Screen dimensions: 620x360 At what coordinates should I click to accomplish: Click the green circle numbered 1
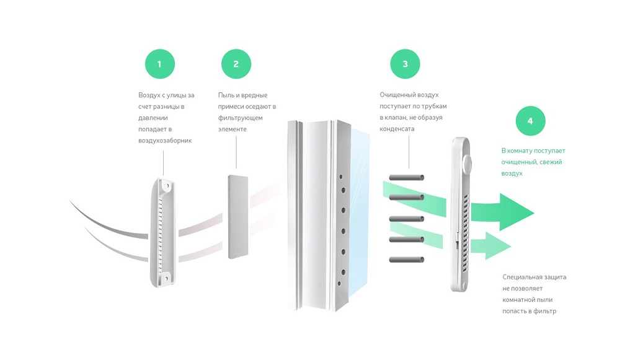pos(160,64)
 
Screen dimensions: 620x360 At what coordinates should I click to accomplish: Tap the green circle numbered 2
pos(236,64)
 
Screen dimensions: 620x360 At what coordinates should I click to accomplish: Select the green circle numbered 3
pos(405,64)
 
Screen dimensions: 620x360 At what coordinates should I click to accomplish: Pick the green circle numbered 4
pos(530,121)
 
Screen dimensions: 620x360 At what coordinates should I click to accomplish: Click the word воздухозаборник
pos(165,141)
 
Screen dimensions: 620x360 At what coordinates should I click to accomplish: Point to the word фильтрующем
pos(240,118)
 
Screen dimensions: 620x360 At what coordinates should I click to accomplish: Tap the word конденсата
pos(397,129)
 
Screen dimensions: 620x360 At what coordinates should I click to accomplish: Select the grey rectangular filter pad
pos(238,217)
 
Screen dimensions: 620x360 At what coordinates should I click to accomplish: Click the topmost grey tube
pos(407,177)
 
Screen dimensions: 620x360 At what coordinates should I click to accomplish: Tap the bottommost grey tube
pos(407,260)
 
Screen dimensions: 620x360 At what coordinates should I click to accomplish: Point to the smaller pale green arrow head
pos(498,246)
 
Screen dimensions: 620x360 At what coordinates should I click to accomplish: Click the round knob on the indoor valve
pos(467,164)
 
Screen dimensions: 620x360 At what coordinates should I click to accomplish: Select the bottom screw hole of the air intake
pos(166,279)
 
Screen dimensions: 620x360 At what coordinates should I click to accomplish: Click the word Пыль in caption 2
pos(226,95)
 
